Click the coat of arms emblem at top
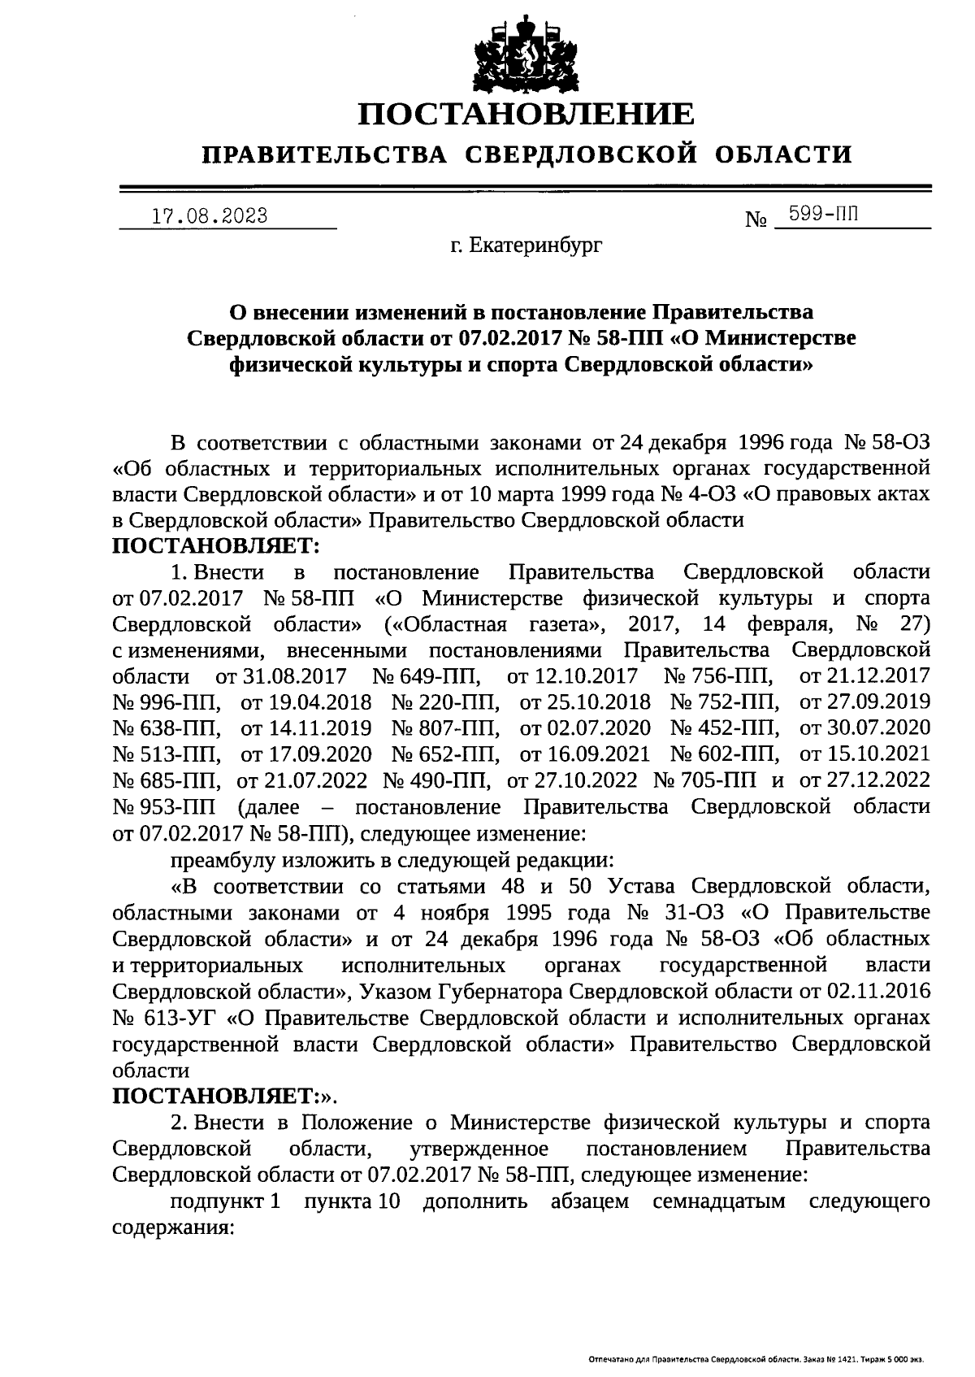point(527,50)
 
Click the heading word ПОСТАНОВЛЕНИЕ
point(527,115)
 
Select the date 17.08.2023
point(210,217)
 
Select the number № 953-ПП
point(164,807)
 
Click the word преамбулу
point(219,859)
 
